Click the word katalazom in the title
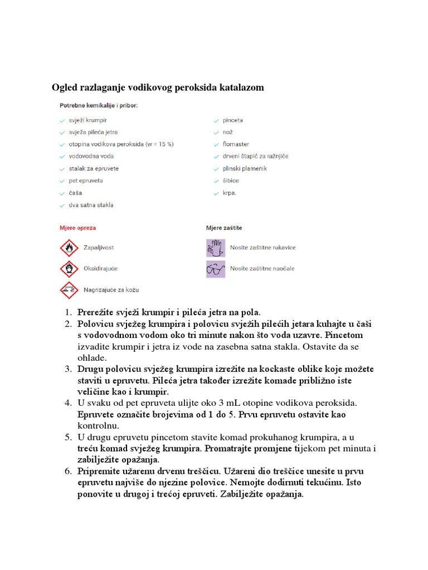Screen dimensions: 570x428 point(241,87)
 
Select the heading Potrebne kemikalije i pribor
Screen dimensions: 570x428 point(99,105)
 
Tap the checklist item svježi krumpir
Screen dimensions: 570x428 point(87,120)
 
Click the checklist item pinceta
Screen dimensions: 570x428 point(232,120)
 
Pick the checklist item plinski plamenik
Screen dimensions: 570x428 point(245,169)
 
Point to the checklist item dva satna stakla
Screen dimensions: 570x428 point(91,205)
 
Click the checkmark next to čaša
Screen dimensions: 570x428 point(62,193)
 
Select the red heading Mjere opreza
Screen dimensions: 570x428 point(77,228)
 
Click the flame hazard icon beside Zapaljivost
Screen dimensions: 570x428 point(69,248)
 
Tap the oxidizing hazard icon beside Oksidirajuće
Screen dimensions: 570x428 point(69,269)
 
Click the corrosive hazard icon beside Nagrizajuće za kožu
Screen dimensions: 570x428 point(69,290)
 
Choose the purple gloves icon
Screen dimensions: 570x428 point(216,248)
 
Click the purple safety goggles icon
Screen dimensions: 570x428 point(216,269)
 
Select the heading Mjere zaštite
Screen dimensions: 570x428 point(224,228)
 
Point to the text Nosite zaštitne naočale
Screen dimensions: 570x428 point(262,269)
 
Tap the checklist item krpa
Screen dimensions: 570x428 point(229,193)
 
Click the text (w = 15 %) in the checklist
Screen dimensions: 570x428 point(159,144)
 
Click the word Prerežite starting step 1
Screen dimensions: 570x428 point(96,312)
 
